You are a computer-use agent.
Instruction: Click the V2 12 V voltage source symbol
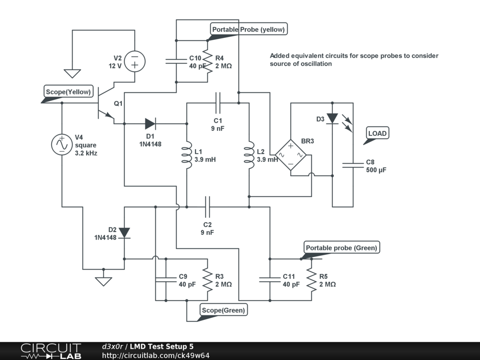[135, 61]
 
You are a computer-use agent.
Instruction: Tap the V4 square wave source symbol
[61, 144]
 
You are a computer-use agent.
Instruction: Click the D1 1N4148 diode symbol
[150, 124]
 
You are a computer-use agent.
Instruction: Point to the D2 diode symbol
[124, 232]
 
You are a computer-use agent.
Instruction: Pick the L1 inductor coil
[187, 155]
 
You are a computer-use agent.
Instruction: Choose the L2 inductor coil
[249, 155]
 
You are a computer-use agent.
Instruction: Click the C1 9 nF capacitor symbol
[218, 100]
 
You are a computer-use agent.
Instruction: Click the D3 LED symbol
[332, 119]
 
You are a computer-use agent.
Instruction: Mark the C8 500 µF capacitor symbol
[353, 165]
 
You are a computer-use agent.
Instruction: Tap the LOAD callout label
[377, 134]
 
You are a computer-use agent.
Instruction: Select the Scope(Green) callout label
[223, 310]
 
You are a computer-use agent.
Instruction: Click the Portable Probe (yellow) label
[248, 30]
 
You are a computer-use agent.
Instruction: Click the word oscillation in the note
[316, 64]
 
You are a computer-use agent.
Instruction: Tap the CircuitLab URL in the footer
[156, 355]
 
